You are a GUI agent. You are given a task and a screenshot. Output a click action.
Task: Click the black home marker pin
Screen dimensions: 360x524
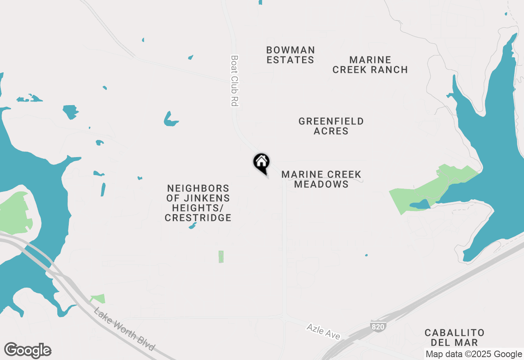[261, 162]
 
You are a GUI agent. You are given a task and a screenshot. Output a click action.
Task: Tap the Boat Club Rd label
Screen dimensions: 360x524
[234, 81]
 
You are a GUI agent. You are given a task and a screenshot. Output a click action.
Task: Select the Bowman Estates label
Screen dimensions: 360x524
[290, 55]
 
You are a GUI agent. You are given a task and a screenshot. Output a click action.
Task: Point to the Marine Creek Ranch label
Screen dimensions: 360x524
[370, 65]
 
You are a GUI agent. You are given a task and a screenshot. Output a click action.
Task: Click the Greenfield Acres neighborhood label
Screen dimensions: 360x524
[331, 126]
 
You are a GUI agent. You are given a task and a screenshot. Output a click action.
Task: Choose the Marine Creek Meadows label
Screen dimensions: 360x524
[321, 179]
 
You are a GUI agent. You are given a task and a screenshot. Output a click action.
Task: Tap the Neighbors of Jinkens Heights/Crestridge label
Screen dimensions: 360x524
[198, 203]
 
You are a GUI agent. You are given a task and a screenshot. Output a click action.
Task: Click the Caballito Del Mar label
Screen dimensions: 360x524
[454, 337]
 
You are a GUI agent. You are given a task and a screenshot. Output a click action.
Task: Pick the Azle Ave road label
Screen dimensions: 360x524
[323, 331]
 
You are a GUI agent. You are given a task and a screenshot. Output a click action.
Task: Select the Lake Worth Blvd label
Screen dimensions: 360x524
[124, 329]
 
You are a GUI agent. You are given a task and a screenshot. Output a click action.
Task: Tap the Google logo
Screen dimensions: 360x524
[28, 351]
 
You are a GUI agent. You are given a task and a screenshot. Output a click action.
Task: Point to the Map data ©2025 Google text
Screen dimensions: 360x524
[474, 354]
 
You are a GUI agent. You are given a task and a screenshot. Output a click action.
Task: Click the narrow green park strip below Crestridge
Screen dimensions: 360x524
[221, 256]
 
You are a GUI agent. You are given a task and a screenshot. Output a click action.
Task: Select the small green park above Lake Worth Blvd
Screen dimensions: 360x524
[98, 299]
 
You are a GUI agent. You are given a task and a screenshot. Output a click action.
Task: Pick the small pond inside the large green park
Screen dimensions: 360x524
[420, 204]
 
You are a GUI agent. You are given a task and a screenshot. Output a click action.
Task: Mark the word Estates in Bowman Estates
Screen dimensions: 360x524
[290, 60]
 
